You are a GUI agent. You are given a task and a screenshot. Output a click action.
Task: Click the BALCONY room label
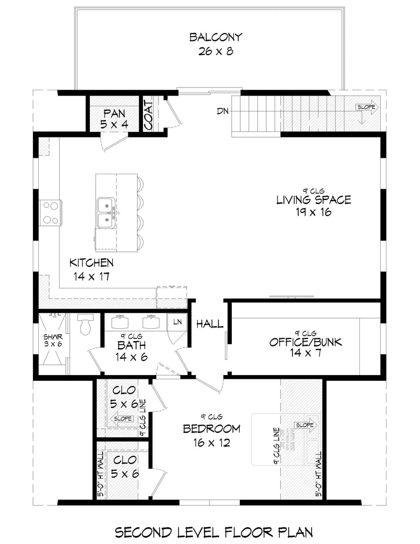[215, 37]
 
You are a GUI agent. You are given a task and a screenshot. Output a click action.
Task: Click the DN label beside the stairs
[223, 112]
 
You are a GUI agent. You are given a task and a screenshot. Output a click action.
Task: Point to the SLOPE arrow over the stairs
[367, 107]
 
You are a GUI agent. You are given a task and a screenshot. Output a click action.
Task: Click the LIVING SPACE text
[313, 200]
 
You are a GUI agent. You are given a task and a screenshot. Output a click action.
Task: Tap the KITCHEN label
[91, 262]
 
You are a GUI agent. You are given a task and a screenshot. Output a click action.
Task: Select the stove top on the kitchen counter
[51, 212]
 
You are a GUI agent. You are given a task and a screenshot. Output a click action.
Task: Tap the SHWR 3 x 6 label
[53, 341]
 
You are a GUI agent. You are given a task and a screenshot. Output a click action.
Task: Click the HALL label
[209, 324]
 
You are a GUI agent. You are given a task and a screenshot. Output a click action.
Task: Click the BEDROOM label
[211, 429]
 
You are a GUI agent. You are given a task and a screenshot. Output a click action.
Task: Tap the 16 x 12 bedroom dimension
[211, 443]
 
